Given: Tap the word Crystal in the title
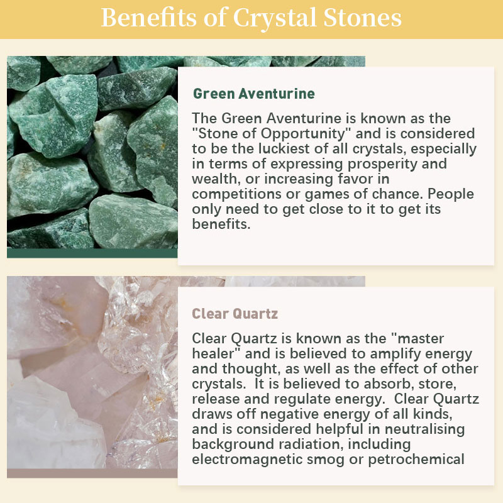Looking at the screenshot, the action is [275, 19].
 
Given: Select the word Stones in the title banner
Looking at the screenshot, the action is [362, 18].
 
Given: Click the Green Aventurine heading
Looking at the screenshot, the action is [254, 94].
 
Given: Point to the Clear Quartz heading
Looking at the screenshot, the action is [235, 314].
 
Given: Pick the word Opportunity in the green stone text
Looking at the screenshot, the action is [302, 134].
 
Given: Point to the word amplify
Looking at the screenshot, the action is [395, 355].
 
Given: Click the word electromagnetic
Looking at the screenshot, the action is [247, 460].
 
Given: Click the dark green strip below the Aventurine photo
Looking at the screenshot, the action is [92, 253].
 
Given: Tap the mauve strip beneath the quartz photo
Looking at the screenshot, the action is [92, 473].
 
